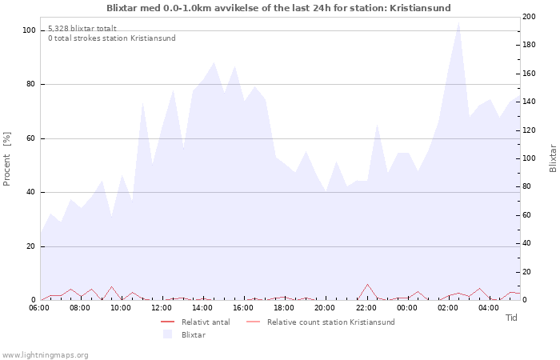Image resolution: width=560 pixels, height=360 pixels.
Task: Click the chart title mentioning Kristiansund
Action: point(278,8)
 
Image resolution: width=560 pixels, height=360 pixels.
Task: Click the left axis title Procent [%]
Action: point(7,158)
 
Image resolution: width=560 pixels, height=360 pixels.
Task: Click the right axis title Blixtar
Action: point(552,158)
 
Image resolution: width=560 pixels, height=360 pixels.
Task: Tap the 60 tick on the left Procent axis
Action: point(31,138)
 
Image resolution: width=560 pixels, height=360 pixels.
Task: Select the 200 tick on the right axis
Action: point(529,17)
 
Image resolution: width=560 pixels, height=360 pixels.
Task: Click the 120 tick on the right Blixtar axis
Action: point(529,130)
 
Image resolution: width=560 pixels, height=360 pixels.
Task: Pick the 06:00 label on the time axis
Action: point(39,307)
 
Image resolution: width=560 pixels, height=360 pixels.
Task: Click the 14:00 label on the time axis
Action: point(202,307)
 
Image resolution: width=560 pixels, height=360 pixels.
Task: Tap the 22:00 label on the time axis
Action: point(366,307)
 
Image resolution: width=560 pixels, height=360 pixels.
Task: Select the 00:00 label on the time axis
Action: point(406,307)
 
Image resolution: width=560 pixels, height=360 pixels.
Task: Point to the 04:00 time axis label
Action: point(488,307)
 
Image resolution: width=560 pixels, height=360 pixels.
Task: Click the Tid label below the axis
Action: point(511,318)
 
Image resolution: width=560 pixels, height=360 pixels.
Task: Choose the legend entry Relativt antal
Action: point(206,322)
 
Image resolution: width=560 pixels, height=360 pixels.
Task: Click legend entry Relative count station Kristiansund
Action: point(330,322)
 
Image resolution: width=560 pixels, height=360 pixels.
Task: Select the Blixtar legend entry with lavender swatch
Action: point(193,334)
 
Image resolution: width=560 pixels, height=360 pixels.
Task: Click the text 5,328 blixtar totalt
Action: point(82,28)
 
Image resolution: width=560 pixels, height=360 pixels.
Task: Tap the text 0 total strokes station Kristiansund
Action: point(111,38)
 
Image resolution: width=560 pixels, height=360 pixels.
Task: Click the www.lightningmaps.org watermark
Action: point(46,354)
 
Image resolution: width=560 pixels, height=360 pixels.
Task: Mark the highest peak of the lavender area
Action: point(458,22)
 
